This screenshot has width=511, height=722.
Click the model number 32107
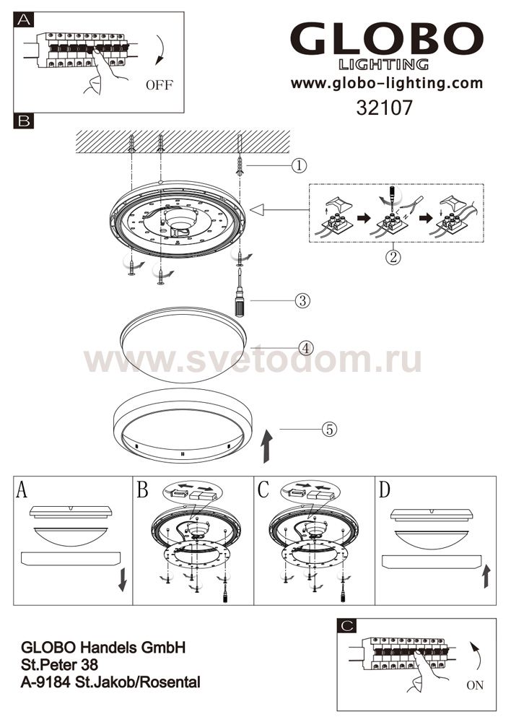[385, 108]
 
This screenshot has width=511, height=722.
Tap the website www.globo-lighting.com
[387, 83]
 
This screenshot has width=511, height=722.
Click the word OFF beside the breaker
[160, 84]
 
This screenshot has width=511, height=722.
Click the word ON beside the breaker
[475, 685]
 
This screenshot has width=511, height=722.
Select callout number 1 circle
[300, 165]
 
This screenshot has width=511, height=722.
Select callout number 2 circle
[393, 256]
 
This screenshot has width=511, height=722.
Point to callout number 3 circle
[302, 301]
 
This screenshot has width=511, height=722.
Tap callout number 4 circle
[306, 348]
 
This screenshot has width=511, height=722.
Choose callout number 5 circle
[329, 429]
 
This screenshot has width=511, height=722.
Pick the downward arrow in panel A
[123, 580]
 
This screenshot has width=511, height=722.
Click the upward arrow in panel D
[486, 576]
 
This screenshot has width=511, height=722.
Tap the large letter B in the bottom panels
[143, 490]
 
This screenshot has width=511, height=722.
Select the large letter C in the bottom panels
[263, 490]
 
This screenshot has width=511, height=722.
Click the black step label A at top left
[24, 19]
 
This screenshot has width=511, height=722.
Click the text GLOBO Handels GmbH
[103, 648]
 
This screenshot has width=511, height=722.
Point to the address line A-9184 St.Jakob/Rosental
[110, 682]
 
